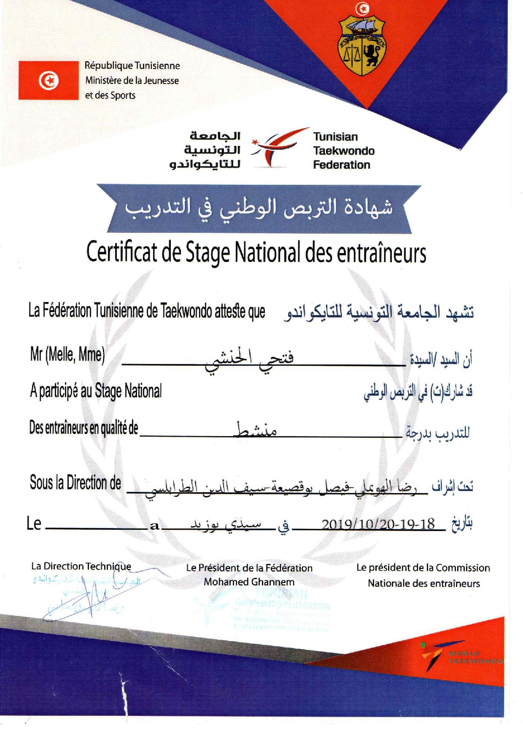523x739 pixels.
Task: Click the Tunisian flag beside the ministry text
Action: click(x=49, y=80)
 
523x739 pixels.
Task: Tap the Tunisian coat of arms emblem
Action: click(x=361, y=45)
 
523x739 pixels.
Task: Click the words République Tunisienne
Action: click(x=132, y=66)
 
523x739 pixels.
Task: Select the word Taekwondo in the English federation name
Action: click(x=343, y=151)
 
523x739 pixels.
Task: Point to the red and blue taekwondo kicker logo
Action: click(x=275, y=147)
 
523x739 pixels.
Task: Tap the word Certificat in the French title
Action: click(x=122, y=253)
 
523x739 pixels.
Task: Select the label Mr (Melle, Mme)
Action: click(x=67, y=355)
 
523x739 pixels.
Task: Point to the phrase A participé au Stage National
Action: click(x=96, y=391)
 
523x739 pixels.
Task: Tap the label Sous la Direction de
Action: click(x=75, y=483)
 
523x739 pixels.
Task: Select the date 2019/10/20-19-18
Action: click(x=378, y=524)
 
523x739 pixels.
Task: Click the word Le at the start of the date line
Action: click(x=34, y=524)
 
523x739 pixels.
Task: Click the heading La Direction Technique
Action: click(x=81, y=566)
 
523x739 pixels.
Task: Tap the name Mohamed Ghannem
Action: click(x=249, y=582)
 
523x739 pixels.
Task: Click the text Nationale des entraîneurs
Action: click(x=423, y=584)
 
